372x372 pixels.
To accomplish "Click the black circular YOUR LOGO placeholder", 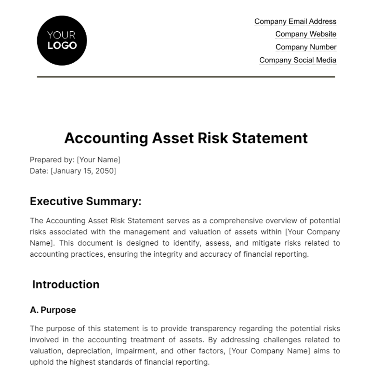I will (62, 41).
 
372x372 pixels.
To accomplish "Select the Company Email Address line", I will (295, 21).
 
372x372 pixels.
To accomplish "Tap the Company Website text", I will (306, 34).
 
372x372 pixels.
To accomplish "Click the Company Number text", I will (306, 47).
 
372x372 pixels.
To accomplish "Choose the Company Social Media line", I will (298, 60).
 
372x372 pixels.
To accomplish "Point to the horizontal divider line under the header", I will (186, 77).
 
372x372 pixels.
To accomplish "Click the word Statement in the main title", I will (270, 138).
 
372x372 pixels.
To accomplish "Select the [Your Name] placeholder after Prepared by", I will (98, 160).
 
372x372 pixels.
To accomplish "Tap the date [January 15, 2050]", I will (83, 171).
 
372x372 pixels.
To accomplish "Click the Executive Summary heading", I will (86, 201).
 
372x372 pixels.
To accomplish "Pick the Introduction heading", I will (66, 285).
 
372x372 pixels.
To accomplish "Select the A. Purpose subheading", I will (53, 310).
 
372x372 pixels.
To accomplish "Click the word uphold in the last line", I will (39, 362).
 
